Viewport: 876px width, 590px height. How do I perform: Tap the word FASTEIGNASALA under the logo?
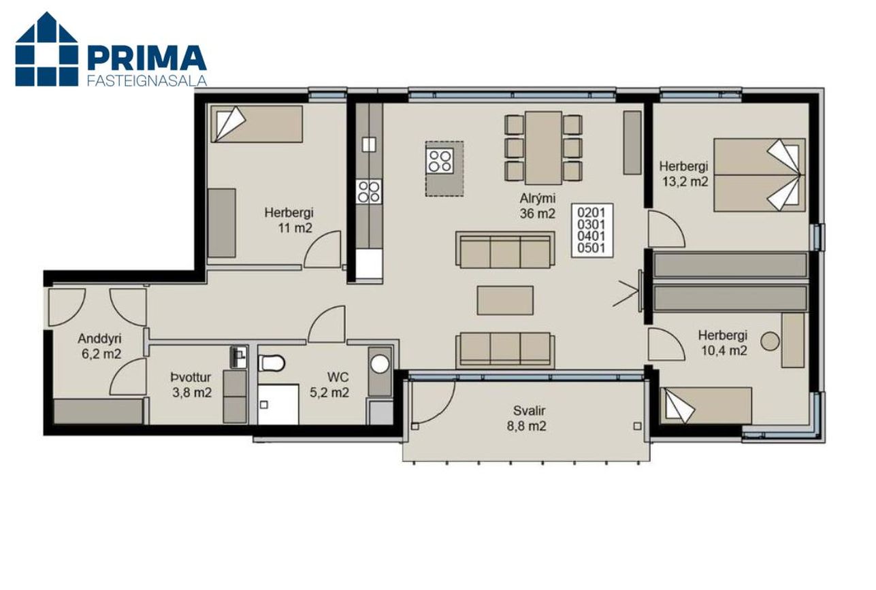click(146, 80)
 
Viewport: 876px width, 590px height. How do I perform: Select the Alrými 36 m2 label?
click(537, 206)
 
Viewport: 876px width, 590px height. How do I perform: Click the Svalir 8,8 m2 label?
click(526, 418)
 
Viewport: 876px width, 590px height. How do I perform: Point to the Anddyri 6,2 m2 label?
click(101, 346)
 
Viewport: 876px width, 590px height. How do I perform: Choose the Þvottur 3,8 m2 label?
click(191, 384)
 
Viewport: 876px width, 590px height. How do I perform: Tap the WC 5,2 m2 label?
click(329, 384)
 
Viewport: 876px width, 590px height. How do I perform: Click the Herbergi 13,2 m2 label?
click(683, 174)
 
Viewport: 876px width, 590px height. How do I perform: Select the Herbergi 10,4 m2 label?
click(723, 343)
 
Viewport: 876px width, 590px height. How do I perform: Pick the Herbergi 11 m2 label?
click(289, 220)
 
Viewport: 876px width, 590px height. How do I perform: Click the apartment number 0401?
click(591, 236)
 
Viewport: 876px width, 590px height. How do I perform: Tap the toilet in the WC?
click(271, 363)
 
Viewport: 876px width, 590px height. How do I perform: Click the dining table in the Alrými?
click(543, 148)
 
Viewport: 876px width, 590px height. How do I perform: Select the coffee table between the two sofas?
click(505, 300)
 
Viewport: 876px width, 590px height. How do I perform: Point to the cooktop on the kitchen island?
click(440, 161)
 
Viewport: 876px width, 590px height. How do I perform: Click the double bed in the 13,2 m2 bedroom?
click(760, 175)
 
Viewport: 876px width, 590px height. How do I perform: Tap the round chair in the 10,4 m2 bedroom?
click(770, 341)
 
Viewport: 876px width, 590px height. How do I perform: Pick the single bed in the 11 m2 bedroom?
click(257, 124)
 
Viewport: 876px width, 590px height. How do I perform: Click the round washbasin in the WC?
click(380, 364)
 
